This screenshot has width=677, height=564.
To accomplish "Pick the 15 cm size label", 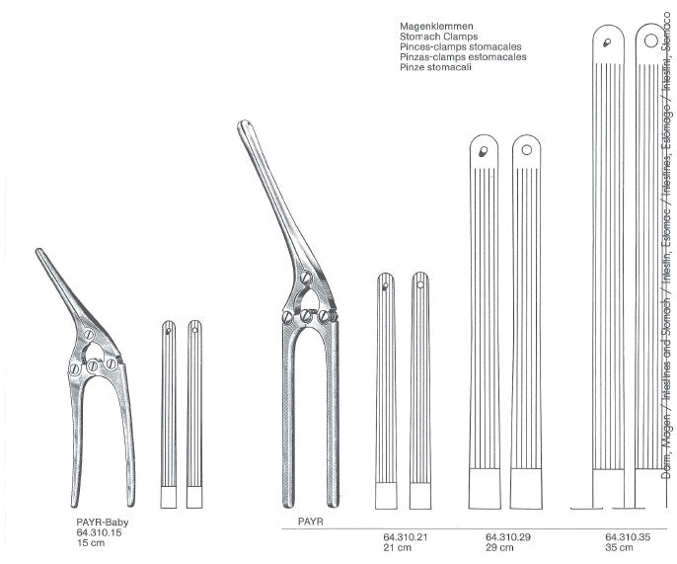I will click(x=90, y=546).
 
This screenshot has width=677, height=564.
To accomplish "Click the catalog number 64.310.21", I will click(x=406, y=538).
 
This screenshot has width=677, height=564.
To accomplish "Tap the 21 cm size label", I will click(x=397, y=549).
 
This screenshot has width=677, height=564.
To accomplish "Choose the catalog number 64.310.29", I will click(x=507, y=538).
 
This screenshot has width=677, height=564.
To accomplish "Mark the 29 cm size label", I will click(x=498, y=549).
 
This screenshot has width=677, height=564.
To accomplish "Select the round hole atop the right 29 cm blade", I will click(x=527, y=150).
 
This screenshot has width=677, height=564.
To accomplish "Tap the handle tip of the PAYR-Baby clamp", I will click(x=40, y=253).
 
